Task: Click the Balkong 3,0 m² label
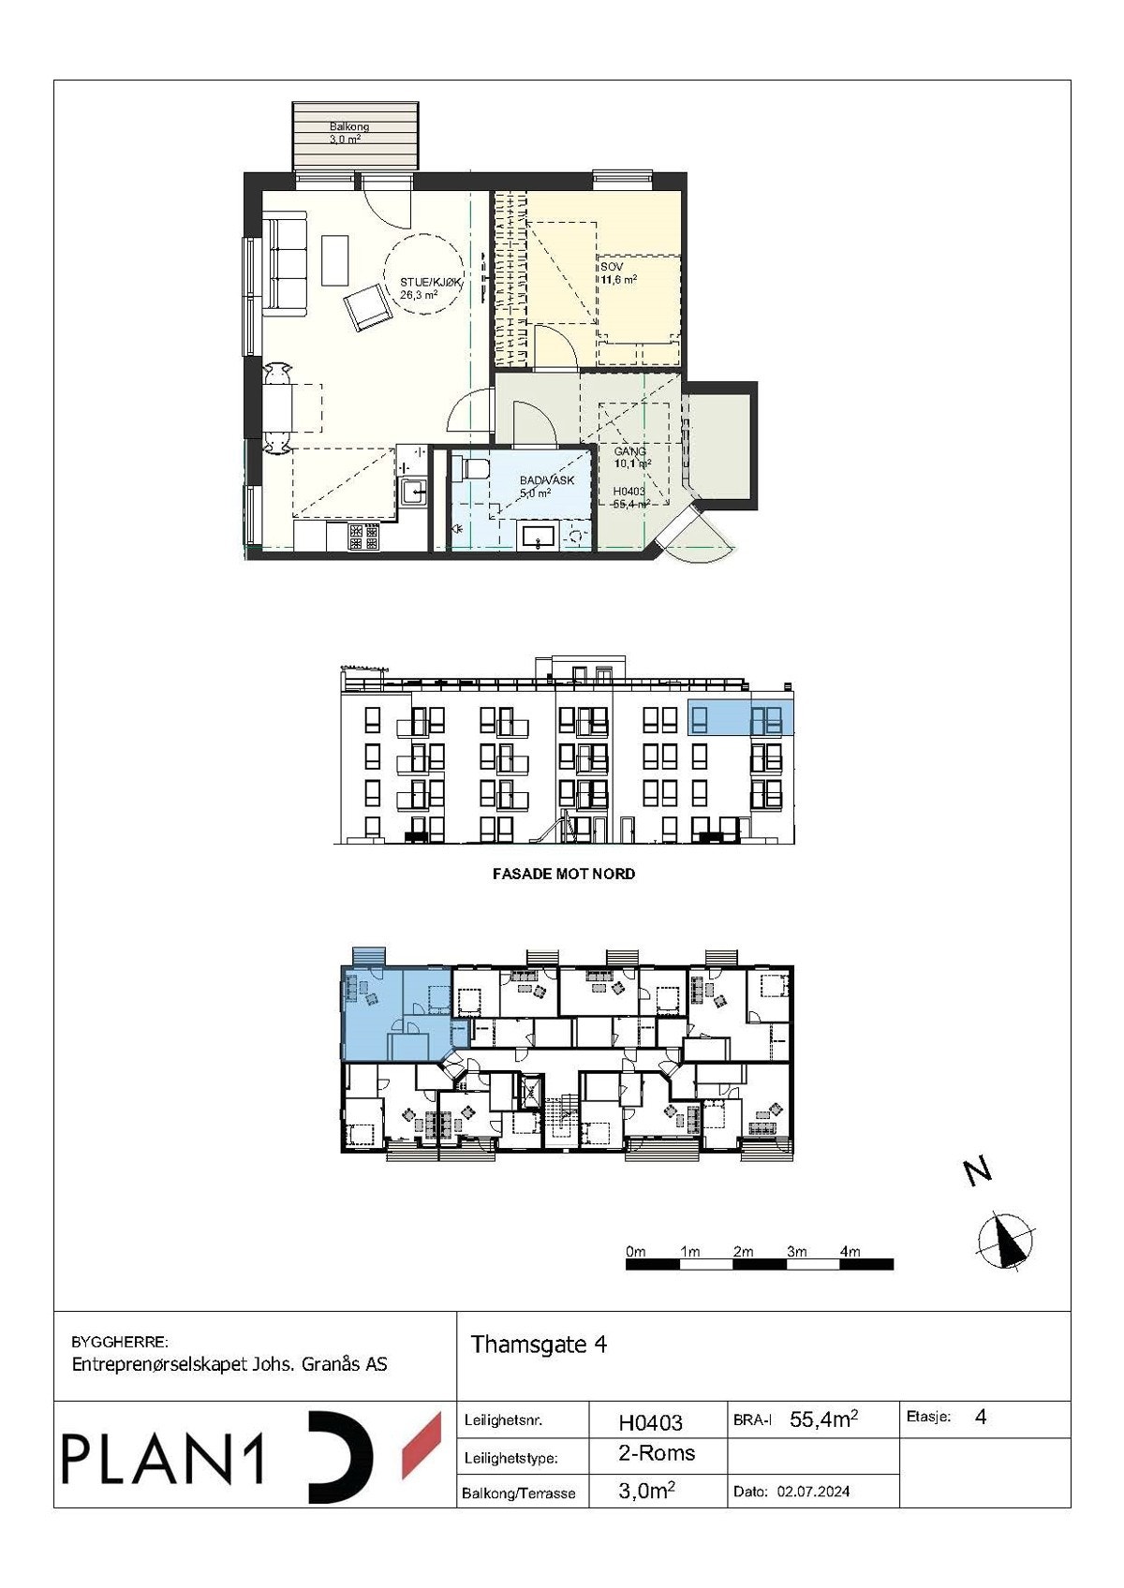(x=348, y=132)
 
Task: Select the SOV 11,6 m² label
(x=618, y=273)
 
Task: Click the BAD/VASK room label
(x=546, y=486)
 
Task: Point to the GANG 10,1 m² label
(x=631, y=457)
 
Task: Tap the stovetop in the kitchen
(x=363, y=537)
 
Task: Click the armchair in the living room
(x=367, y=308)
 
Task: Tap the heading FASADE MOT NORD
(x=563, y=874)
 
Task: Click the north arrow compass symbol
(x=1007, y=1242)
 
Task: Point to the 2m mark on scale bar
(x=743, y=1252)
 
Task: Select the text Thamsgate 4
(x=539, y=1345)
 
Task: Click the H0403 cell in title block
(x=650, y=1422)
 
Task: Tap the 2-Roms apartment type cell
(x=657, y=1452)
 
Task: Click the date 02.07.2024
(x=813, y=1492)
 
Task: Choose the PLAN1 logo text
(x=164, y=1459)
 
